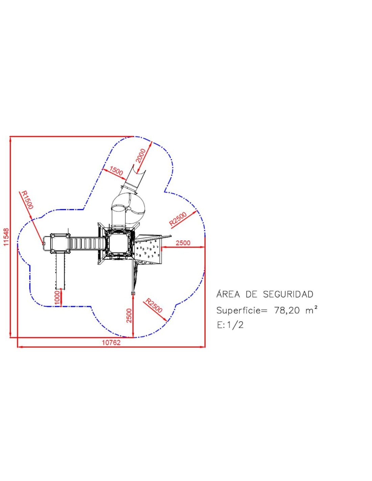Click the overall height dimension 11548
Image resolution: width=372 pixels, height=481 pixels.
tap(6, 237)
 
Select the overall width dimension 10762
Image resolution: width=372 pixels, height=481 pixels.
tap(111, 342)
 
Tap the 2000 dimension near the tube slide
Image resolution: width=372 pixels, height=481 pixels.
tap(141, 156)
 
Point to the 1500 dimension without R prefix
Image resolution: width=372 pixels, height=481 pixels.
tap(116, 171)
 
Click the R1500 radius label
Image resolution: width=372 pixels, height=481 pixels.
tap(27, 200)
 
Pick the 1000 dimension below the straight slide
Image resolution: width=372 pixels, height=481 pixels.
tap(57, 298)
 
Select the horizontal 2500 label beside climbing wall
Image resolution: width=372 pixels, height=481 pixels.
tap(183, 243)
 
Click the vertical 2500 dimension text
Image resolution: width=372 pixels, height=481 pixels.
tap(129, 316)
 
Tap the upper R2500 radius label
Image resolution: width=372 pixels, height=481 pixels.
tap(178, 219)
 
